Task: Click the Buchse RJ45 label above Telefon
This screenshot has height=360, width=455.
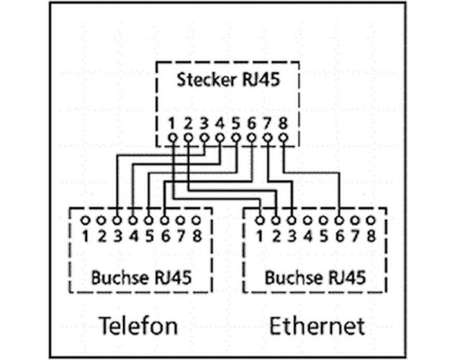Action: (x=141, y=277)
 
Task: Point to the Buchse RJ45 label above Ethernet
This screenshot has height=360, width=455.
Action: (x=315, y=277)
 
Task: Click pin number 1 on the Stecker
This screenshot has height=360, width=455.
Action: (x=172, y=123)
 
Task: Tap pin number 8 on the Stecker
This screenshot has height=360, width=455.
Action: (x=283, y=123)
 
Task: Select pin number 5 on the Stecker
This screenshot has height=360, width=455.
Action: (x=235, y=123)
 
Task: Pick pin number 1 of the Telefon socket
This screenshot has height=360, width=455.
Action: (x=86, y=235)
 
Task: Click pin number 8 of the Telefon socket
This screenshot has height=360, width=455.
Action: (x=197, y=235)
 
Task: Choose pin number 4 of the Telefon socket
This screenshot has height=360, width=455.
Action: (x=133, y=235)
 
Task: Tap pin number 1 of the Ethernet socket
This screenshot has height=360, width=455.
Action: (x=260, y=235)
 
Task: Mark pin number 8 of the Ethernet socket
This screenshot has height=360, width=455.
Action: (x=371, y=235)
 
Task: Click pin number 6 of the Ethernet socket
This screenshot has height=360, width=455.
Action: (x=339, y=235)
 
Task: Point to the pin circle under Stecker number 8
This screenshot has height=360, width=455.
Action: (x=283, y=137)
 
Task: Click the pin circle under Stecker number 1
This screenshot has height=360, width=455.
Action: (x=172, y=137)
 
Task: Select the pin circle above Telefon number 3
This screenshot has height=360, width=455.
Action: (x=117, y=220)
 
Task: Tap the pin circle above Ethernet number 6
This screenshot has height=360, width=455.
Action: (x=339, y=220)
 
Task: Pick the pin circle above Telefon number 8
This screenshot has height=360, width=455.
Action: (x=197, y=220)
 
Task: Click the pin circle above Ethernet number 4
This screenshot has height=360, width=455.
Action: (x=307, y=220)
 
